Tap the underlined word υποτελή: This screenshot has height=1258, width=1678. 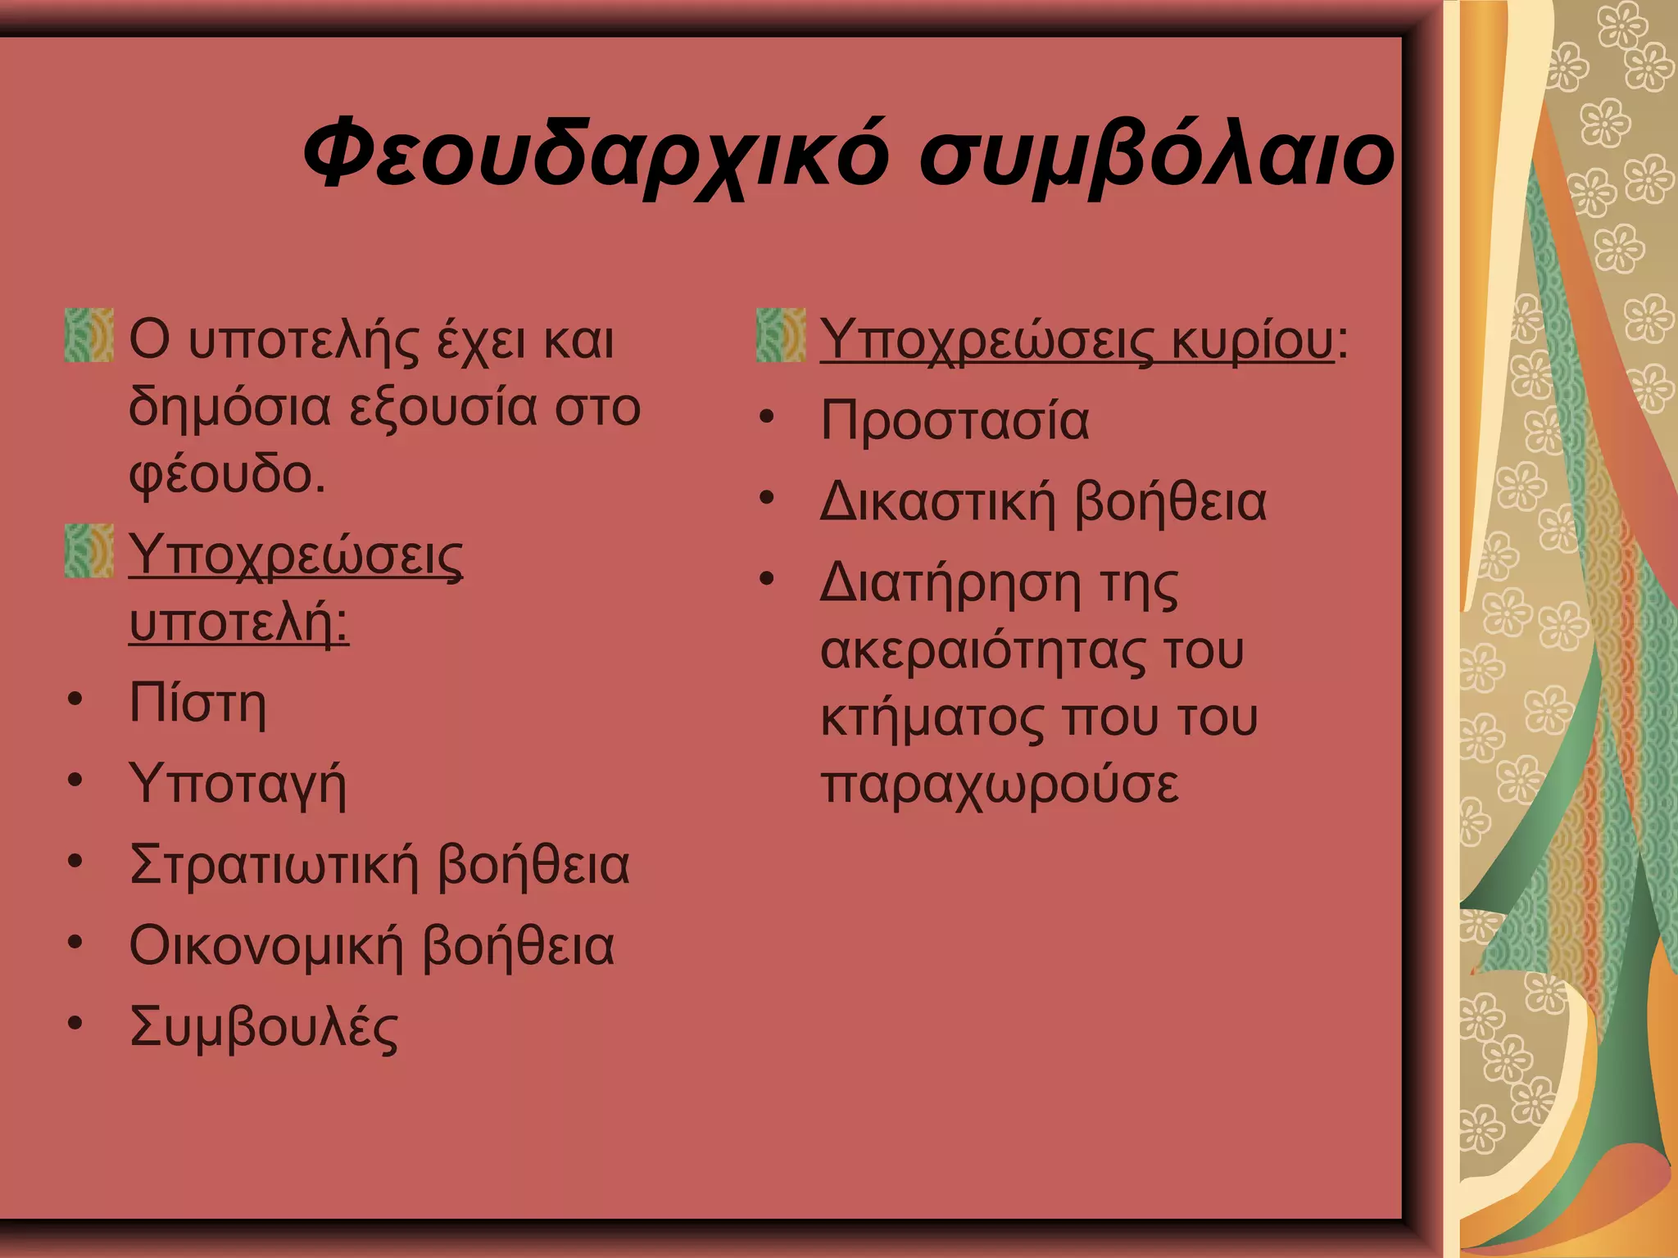[x=238, y=622]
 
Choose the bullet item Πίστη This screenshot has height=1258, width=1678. [x=197, y=704]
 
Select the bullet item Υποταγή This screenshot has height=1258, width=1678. [x=238, y=785]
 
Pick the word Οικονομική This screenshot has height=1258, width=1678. [x=266, y=946]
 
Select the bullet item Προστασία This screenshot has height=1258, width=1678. [x=955, y=421]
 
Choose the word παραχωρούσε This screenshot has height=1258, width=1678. [x=1000, y=785]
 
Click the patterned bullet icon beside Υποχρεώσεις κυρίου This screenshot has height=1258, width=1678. [x=780, y=335]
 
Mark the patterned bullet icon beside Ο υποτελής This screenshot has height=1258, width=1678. [x=88, y=335]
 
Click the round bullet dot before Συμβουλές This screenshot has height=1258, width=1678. [x=75, y=1023]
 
